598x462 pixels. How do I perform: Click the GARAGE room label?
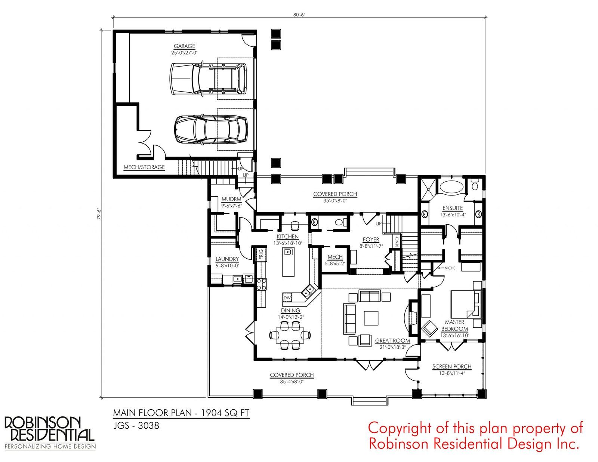click(x=184, y=46)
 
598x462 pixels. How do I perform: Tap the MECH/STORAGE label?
click(x=144, y=167)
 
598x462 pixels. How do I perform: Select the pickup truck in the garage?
click(x=208, y=79)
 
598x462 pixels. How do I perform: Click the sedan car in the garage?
click(x=211, y=129)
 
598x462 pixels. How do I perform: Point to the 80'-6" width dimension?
click(x=299, y=15)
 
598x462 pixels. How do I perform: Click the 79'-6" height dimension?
click(x=99, y=213)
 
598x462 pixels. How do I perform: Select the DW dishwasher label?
click(x=287, y=298)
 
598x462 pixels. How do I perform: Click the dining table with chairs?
click(x=290, y=335)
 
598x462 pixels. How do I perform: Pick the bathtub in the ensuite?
click(x=451, y=186)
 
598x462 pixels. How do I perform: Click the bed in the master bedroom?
click(x=466, y=304)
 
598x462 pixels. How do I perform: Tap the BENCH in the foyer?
click(x=397, y=241)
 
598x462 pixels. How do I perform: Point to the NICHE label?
click(x=450, y=268)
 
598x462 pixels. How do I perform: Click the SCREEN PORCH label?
click(x=451, y=367)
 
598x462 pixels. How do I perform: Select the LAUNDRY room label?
click(x=227, y=259)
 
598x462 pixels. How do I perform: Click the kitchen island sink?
click(x=288, y=252)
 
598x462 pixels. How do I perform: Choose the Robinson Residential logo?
click(x=50, y=433)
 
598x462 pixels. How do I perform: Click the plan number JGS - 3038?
click(x=136, y=426)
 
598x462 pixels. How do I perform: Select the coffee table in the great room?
click(x=371, y=318)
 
